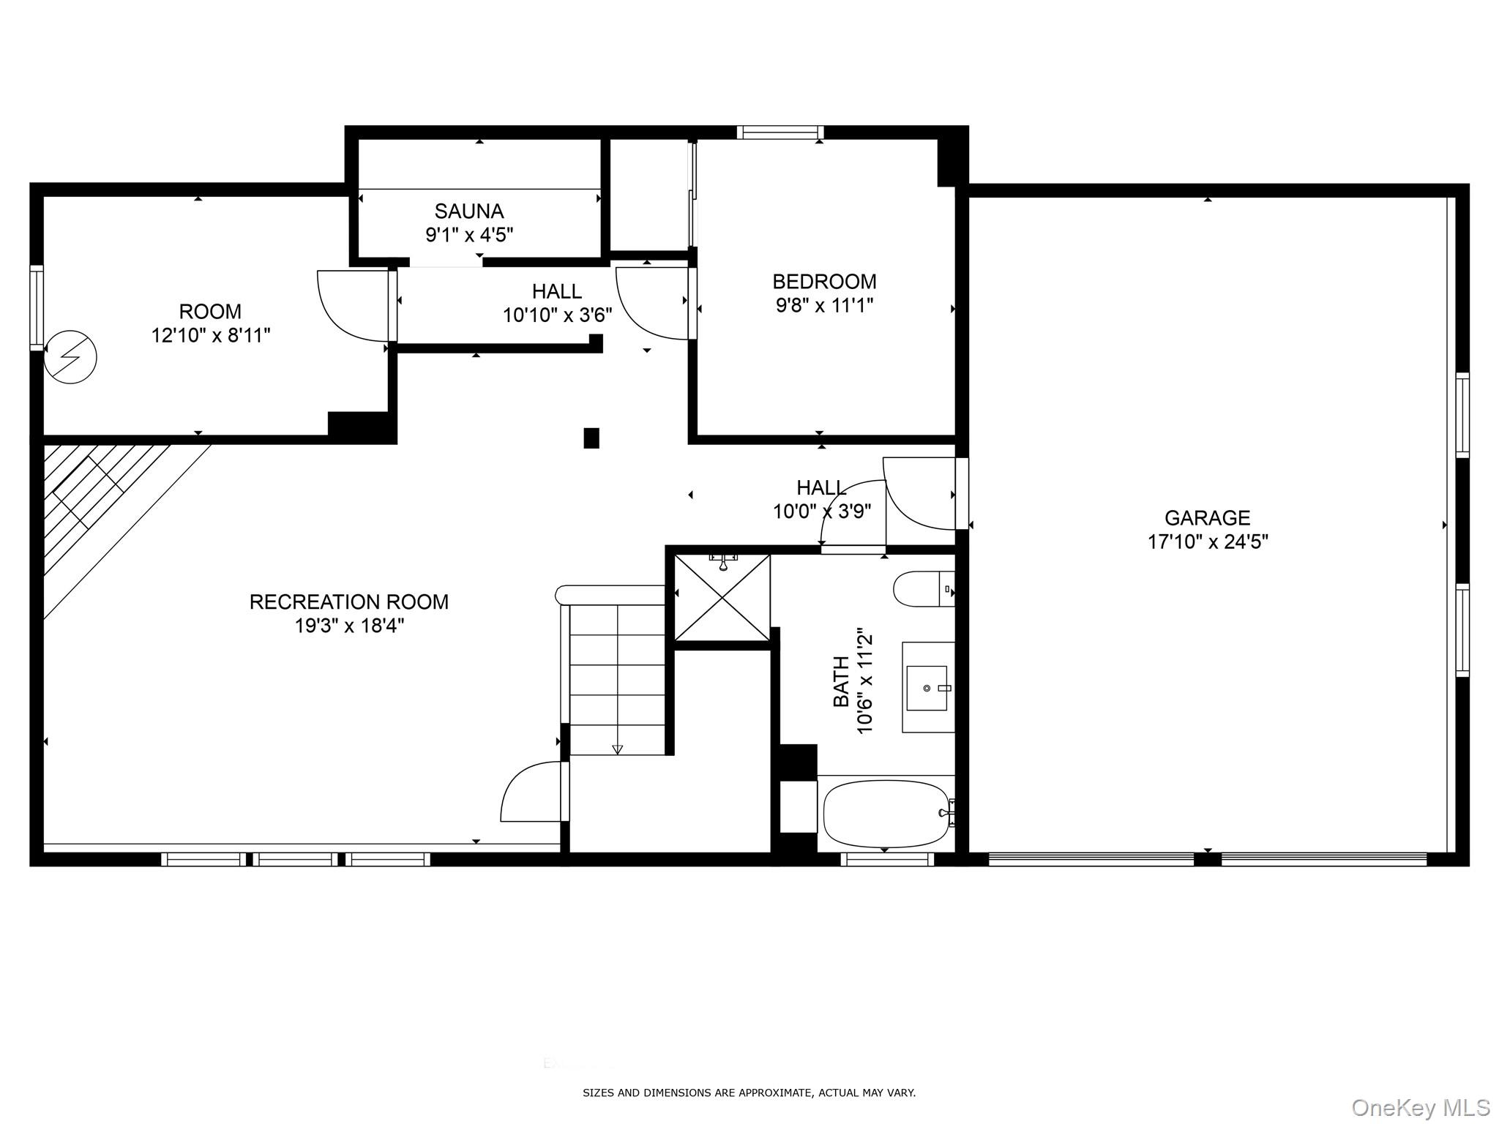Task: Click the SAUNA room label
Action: pyautogui.click(x=469, y=211)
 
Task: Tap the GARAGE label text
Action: pyautogui.click(x=1207, y=518)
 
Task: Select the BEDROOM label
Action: pyautogui.click(x=824, y=282)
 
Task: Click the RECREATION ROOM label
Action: pyautogui.click(x=349, y=602)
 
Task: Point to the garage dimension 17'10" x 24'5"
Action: pyautogui.click(x=1208, y=542)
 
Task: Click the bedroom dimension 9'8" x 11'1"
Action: pyautogui.click(x=825, y=305)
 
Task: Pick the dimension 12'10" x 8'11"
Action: pyautogui.click(x=211, y=336)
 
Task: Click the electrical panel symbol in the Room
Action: pyautogui.click(x=70, y=358)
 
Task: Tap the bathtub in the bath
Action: pyautogui.click(x=887, y=813)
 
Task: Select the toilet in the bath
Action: pyautogui.click(x=924, y=589)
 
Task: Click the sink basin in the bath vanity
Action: pyautogui.click(x=927, y=688)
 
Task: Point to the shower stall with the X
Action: pyautogui.click(x=722, y=598)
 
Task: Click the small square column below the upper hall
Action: pyautogui.click(x=591, y=438)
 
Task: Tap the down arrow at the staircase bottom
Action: pyautogui.click(x=617, y=749)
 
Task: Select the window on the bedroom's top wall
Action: pyautogui.click(x=780, y=132)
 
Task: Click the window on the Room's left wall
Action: pyautogui.click(x=37, y=307)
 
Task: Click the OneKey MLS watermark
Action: pyautogui.click(x=1421, y=1107)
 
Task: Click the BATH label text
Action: pyautogui.click(x=842, y=682)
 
